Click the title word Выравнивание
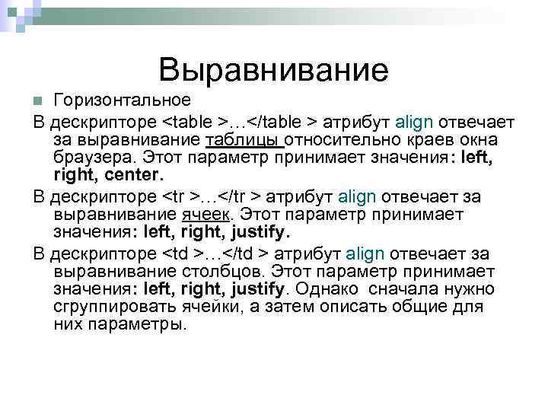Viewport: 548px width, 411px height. click(273, 70)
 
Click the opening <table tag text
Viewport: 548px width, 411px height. click(189, 123)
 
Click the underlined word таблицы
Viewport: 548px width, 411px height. click(244, 140)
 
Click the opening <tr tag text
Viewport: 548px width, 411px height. click(177, 196)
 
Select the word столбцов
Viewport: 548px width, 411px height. click(220, 271)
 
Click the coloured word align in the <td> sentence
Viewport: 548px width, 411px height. click(367, 253)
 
